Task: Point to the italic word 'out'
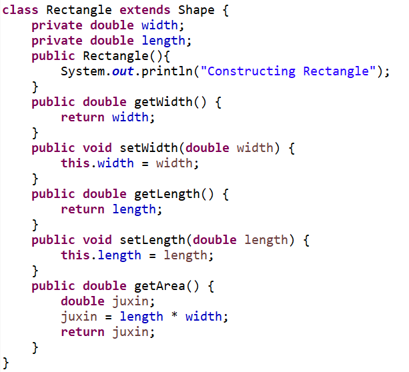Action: coord(123,71)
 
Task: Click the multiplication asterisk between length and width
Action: coord(174,317)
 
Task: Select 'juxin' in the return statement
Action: coord(130,332)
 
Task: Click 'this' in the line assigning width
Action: coord(75,163)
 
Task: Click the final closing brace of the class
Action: coord(7,363)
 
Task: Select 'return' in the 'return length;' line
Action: coord(83,209)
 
